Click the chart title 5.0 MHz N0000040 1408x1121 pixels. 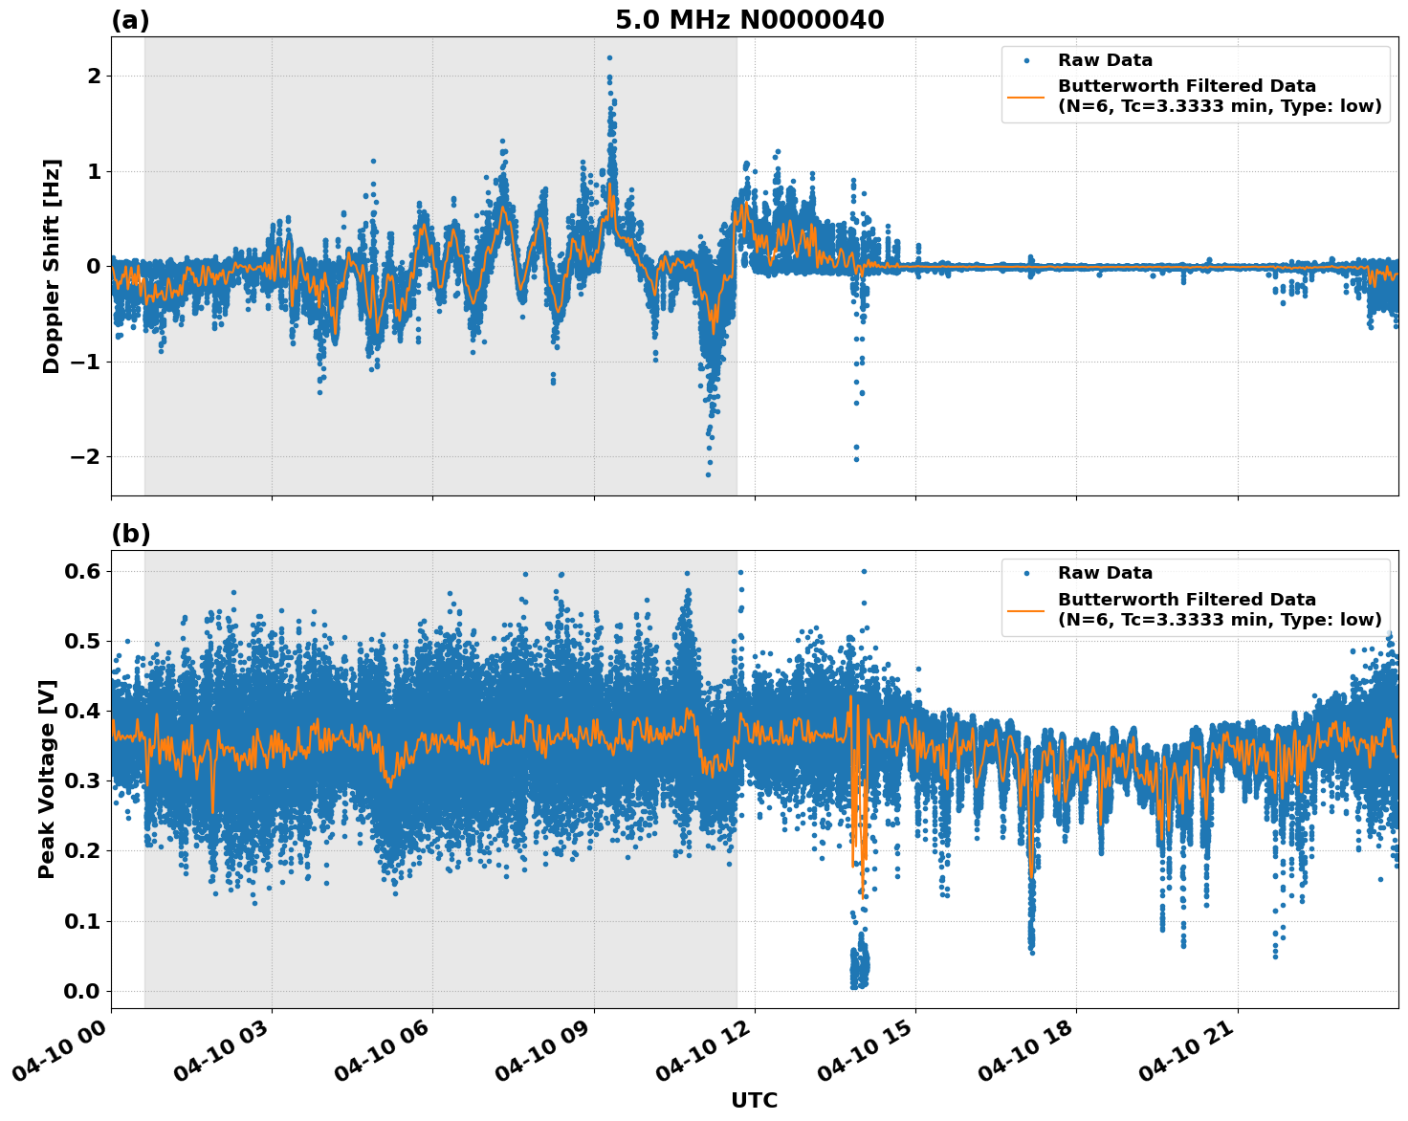pyautogui.click(x=749, y=20)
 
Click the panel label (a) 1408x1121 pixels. pyautogui.click(x=130, y=20)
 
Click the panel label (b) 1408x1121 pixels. pyautogui.click(x=130, y=534)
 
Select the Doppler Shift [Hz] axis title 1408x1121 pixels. pyautogui.click(x=52, y=266)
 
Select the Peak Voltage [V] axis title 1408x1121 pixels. pyautogui.click(x=47, y=779)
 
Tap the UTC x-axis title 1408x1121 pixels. pyautogui.click(x=754, y=1100)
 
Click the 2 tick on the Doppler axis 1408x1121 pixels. pyautogui.click(x=93, y=76)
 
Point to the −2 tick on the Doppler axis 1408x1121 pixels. pyautogui.click(x=85, y=456)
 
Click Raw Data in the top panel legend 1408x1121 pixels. pyautogui.click(x=1105, y=60)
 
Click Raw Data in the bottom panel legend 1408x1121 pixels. pyautogui.click(x=1105, y=573)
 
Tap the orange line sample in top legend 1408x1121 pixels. pyautogui.click(x=1026, y=96)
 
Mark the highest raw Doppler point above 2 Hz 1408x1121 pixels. pyautogui.click(x=609, y=57)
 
